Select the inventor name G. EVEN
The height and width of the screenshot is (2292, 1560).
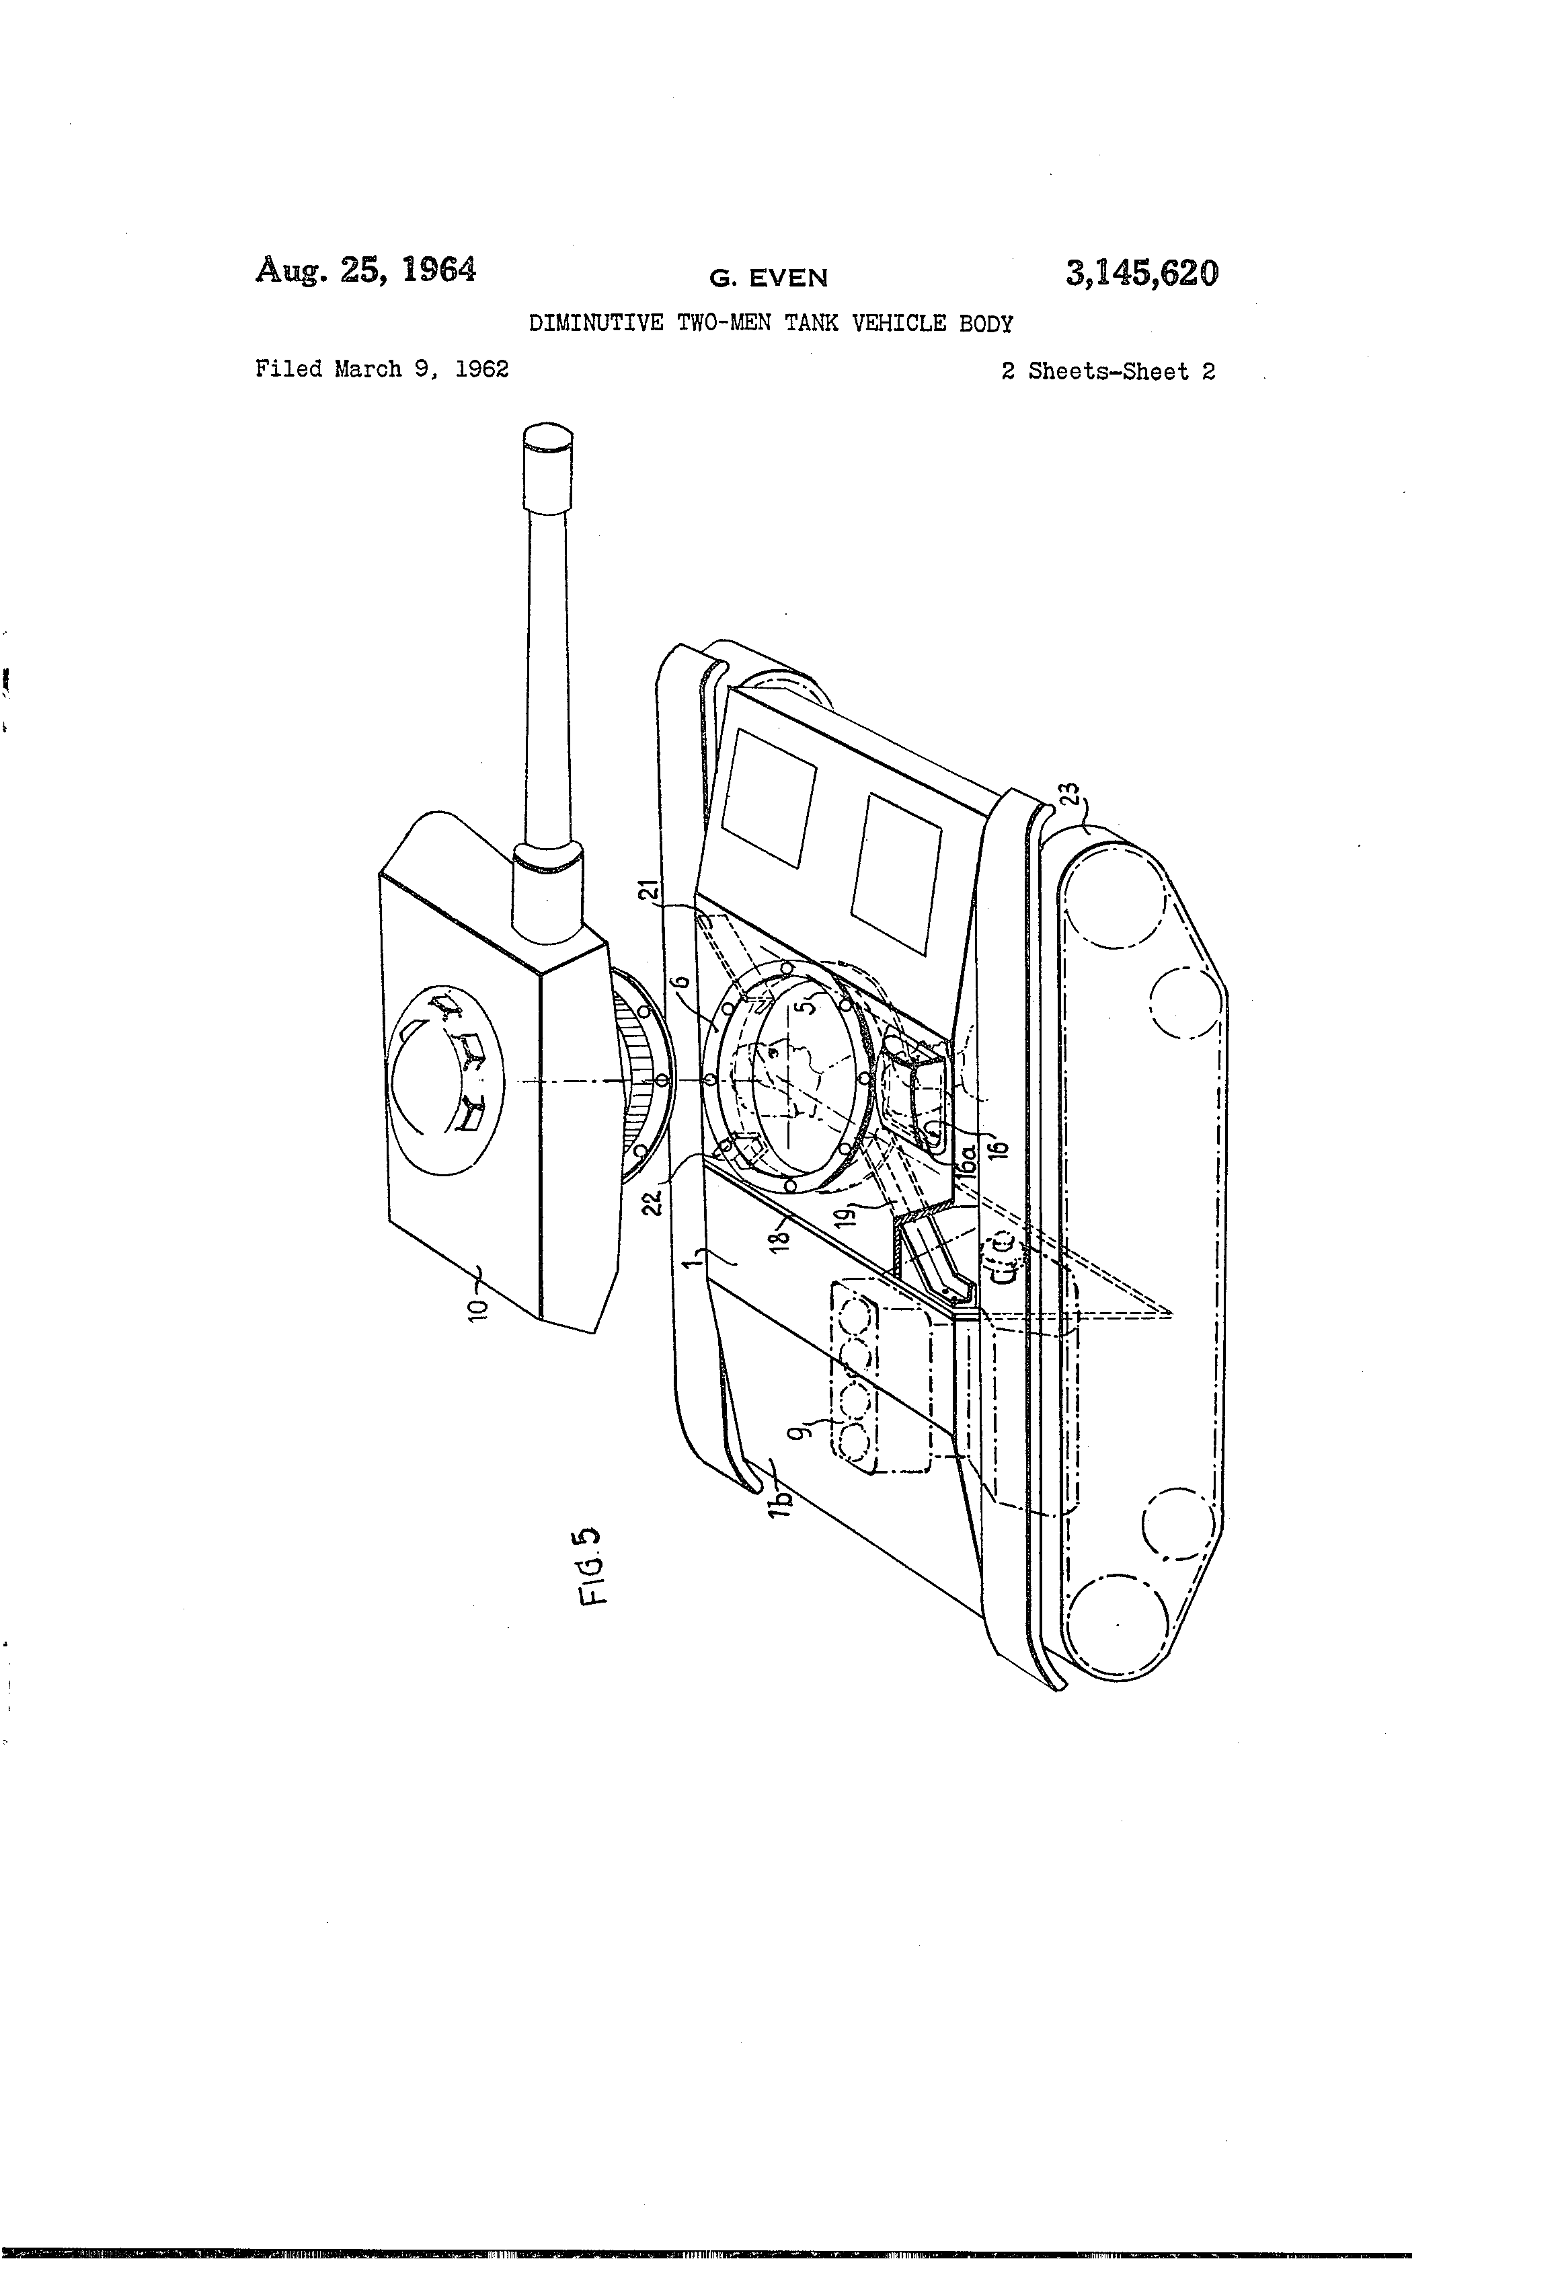click(x=768, y=279)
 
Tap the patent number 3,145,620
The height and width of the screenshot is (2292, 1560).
click(x=1142, y=273)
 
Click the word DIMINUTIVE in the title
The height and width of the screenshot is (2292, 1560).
click(x=596, y=323)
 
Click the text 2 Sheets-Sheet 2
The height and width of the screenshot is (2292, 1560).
click(x=1108, y=372)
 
